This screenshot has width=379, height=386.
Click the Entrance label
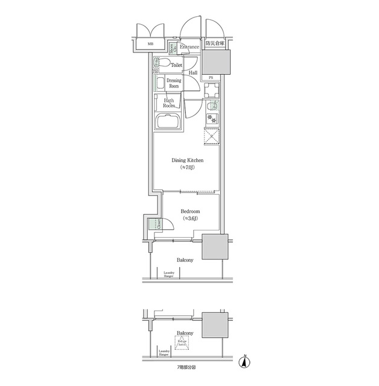pos(189,47)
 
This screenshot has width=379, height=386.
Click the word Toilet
pos(177,65)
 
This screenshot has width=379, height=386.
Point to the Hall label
pos(193,73)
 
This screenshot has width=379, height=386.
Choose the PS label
pos(211,78)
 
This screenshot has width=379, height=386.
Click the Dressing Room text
pos(173,83)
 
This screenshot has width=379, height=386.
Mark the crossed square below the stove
pos(211,136)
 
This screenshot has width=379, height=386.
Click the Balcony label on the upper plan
pos(185,260)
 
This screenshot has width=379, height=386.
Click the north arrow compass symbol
pos(244,361)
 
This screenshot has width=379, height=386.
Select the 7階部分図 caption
pos(185,367)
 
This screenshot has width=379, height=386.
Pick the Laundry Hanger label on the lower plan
pos(164,353)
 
